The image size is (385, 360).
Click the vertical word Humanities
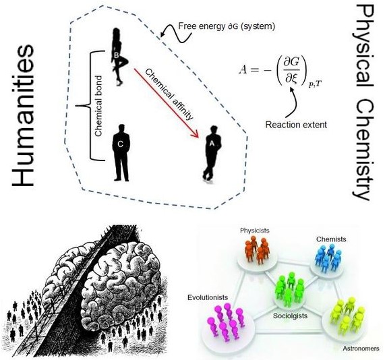click(23, 115)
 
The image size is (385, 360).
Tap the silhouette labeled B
click(119, 57)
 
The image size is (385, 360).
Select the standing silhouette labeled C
click(121, 153)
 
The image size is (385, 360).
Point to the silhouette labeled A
click(212, 153)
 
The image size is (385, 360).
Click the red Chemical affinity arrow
click(167, 103)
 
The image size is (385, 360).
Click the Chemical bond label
click(98, 106)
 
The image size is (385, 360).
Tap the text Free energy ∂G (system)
click(227, 26)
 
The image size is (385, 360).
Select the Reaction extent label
click(296, 125)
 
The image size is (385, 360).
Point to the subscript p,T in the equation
click(315, 84)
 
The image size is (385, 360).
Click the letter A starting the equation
click(243, 70)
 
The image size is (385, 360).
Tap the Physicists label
click(255, 231)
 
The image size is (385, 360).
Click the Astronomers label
click(361, 349)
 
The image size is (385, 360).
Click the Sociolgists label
click(290, 316)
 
